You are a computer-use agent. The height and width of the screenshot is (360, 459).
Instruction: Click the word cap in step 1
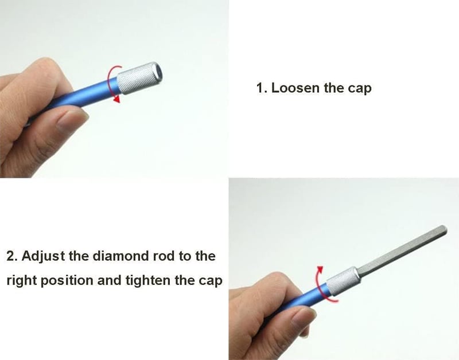coord(360,89)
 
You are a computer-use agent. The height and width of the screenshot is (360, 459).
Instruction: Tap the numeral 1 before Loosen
coord(260,88)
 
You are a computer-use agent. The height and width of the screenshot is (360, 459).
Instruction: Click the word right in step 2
coord(21,281)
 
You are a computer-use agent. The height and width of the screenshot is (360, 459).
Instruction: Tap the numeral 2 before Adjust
coord(11,256)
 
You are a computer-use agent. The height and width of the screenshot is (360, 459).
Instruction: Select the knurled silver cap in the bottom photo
coord(342,281)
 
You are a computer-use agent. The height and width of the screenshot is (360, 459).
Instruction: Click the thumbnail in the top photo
coord(72,119)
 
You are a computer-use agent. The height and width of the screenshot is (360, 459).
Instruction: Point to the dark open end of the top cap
coord(159,71)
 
